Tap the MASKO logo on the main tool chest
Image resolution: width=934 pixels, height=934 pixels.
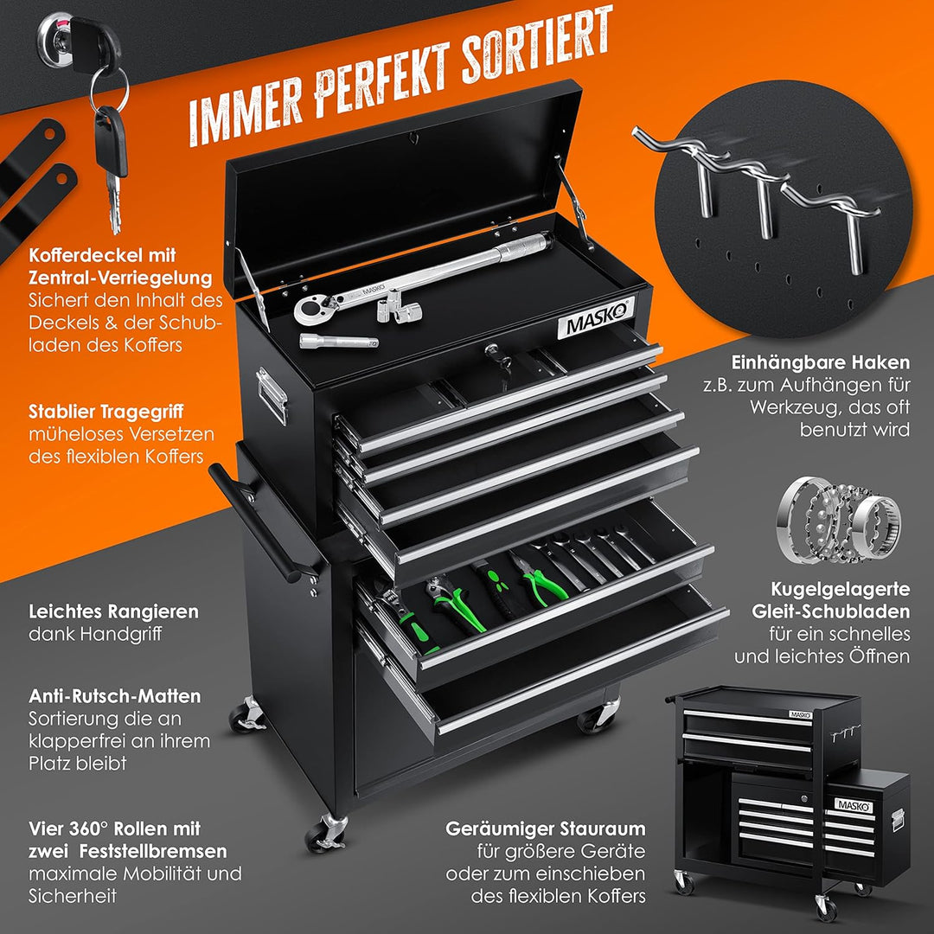coord(596,319)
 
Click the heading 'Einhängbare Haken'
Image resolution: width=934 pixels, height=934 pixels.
coord(820,362)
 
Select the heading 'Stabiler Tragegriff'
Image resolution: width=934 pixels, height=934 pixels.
coord(106,412)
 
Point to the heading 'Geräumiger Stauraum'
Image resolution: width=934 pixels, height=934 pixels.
coord(545,828)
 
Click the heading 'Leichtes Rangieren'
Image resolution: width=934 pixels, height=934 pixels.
coord(114,611)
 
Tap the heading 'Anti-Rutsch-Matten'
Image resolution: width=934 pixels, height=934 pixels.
coord(115,695)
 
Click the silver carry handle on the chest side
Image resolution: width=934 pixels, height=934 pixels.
coord(272,395)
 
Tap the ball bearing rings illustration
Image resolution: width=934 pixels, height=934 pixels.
coord(838,520)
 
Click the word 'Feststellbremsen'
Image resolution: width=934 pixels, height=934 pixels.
coord(153,851)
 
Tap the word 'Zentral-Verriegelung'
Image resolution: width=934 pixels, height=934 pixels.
coord(120,278)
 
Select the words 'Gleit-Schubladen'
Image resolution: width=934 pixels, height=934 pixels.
coord(831,611)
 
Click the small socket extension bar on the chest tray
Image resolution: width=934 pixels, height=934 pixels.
coord(338,341)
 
